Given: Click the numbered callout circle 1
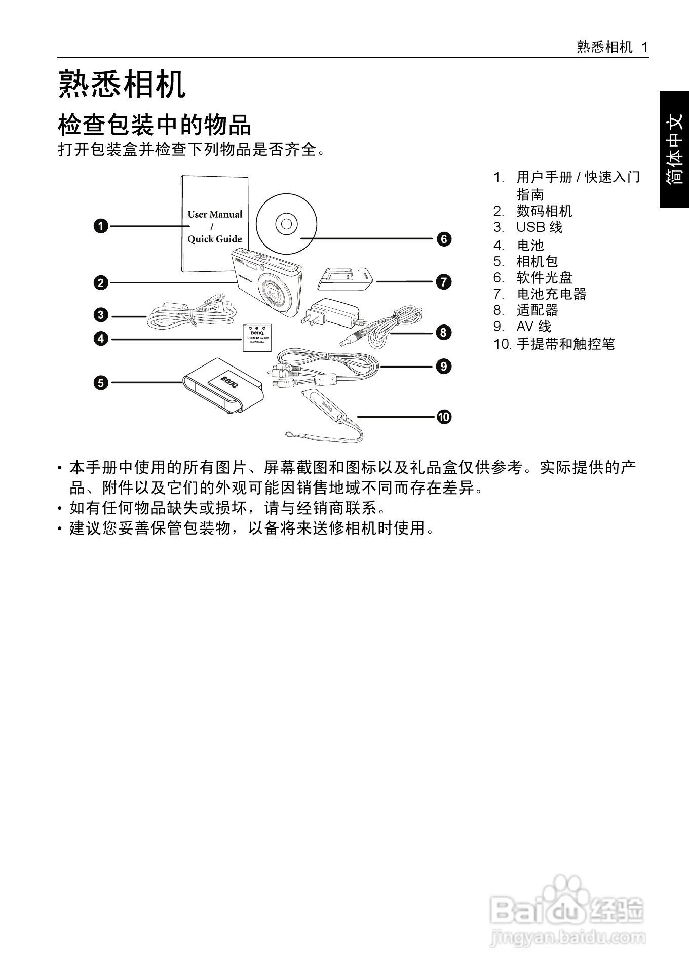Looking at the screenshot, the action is [x=101, y=226].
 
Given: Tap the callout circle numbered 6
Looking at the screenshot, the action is [x=444, y=239].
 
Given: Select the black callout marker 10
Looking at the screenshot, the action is [x=444, y=417].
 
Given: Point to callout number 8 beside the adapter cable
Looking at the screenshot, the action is [x=443, y=333].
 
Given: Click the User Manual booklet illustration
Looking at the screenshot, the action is [x=214, y=223].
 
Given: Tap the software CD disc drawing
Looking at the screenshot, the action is [x=286, y=223].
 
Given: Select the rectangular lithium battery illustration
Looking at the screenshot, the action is [x=257, y=337].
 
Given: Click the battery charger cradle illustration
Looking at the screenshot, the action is [x=346, y=279].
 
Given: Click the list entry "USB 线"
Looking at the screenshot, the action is [x=539, y=227].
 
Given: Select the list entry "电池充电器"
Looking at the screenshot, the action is [x=551, y=294].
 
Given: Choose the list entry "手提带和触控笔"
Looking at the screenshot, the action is [x=565, y=344].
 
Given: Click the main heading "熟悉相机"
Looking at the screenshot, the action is [x=123, y=85].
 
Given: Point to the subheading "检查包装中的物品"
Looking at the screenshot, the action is [x=155, y=125].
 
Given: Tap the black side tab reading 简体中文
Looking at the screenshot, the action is [x=674, y=149].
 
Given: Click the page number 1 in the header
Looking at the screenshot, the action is [x=645, y=47].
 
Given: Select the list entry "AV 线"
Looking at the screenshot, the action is [x=533, y=327].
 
